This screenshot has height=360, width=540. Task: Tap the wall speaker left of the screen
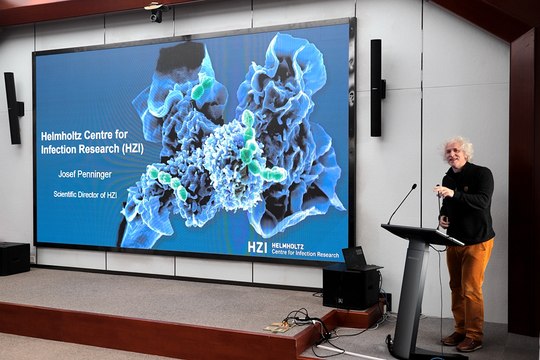pos(13,108)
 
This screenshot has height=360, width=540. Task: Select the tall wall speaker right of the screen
pos(376,88)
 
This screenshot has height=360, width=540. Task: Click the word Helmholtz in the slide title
pos(61,136)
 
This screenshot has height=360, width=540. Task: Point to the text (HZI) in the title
pos(132,149)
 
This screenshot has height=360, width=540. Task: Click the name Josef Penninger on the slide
pos(85,175)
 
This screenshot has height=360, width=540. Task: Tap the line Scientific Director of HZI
pos(85,194)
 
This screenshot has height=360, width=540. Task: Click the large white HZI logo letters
pos(257,247)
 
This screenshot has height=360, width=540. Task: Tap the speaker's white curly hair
pos(457,146)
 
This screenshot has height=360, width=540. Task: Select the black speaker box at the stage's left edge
pos(14,259)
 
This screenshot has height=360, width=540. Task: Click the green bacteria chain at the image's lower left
pos(167,182)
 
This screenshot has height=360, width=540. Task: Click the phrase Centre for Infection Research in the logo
pos(305,254)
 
